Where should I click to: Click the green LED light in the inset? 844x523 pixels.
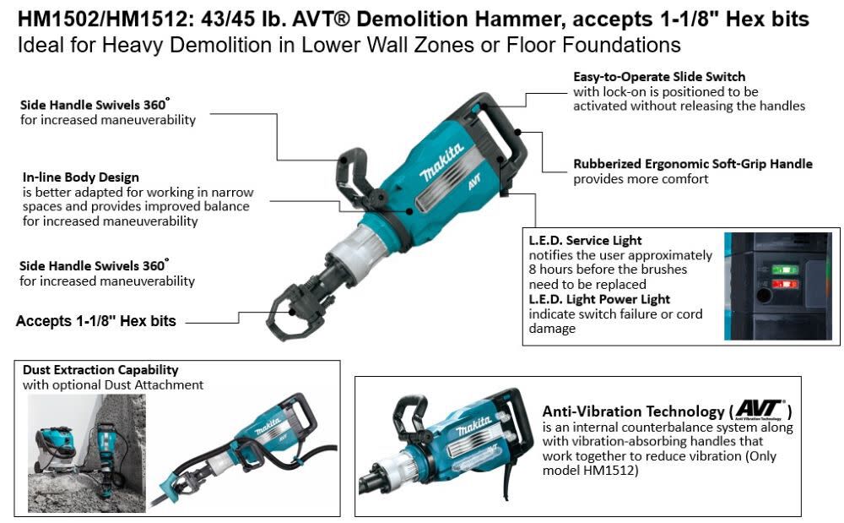click(784, 270)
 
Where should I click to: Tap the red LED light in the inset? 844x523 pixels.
click(784, 284)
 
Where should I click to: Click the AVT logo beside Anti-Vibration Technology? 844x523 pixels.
click(760, 410)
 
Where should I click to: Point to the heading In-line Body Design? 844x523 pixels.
click(81, 177)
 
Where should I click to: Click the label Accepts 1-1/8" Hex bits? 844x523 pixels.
click(96, 321)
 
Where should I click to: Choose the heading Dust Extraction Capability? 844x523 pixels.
click(100, 370)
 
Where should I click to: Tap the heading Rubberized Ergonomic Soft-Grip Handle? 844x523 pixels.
click(693, 164)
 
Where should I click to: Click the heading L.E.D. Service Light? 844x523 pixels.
click(586, 241)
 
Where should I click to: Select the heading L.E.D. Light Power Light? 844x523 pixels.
click(599, 299)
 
